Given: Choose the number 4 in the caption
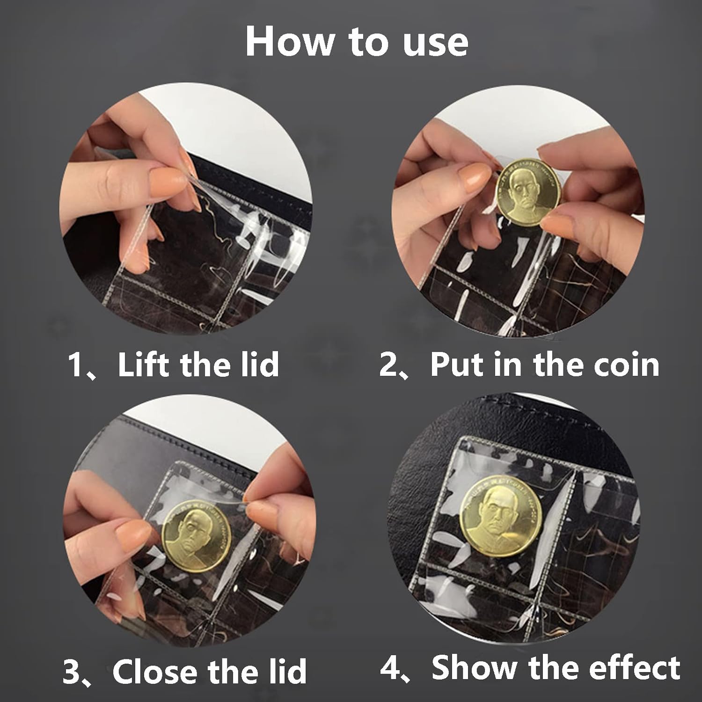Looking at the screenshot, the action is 389,668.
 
